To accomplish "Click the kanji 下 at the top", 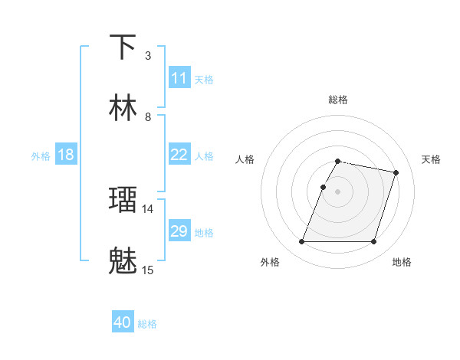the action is [x=123, y=47].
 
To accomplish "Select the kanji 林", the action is [x=123, y=108].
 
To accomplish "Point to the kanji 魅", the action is [x=123, y=260].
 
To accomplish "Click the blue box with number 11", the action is [x=179, y=78].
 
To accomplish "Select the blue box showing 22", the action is [x=179, y=155].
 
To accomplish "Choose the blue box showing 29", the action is [x=179, y=231].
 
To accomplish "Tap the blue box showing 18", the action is [x=66, y=155].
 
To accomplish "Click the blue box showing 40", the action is [x=123, y=322].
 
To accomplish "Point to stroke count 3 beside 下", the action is [x=148, y=55].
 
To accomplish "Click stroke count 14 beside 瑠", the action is [x=148, y=208].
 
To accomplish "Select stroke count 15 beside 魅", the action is [x=148, y=270].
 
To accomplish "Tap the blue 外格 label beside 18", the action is [x=41, y=156].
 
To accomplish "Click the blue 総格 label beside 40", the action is [x=147, y=324].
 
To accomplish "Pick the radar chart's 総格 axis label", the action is [x=338, y=100].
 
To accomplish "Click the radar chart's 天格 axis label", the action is [x=431, y=159].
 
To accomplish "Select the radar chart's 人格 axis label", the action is [x=245, y=159].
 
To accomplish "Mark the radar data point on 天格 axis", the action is [x=396, y=173].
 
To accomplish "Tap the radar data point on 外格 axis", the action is [x=302, y=242].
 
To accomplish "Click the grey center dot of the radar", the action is [x=338, y=191].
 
